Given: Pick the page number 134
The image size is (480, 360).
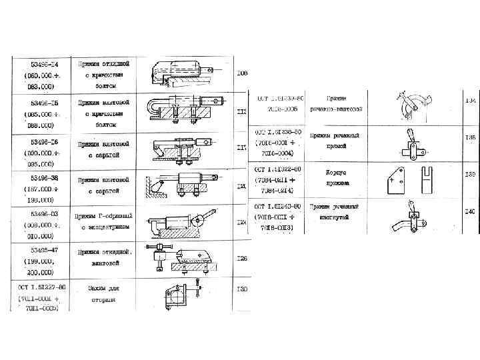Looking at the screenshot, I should [470, 101].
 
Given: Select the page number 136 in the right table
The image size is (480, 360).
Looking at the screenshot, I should [470, 137].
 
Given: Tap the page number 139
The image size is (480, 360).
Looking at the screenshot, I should [470, 173].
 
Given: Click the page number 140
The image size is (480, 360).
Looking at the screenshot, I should [470, 211].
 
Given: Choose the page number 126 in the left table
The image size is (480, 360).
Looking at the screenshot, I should [241, 258].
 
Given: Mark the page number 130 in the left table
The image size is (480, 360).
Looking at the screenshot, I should [241, 289].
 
